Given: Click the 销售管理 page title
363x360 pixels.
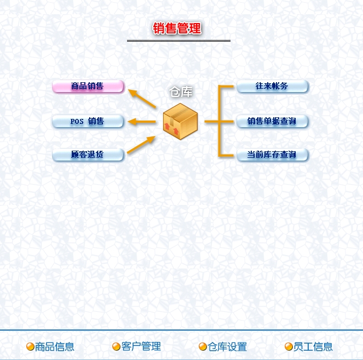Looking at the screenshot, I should pyautogui.click(x=177, y=28).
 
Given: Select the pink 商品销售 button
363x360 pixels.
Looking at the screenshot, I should pyautogui.click(x=88, y=87).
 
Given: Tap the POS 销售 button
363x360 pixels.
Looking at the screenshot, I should pyautogui.click(x=88, y=121).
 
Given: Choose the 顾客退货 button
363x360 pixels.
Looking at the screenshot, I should pyautogui.click(x=88, y=155).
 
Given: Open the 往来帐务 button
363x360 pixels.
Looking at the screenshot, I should pyautogui.click(x=272, y=87).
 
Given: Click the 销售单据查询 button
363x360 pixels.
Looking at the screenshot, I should pyautogui.click(x=272, y=121).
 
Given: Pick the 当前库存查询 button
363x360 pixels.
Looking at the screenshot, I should pyautogui.click(x=272, y=155).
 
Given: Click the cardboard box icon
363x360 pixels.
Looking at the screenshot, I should pyautogui.click(x=180, y=121).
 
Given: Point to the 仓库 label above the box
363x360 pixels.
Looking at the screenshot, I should pyautogui.click(x=181, y=92).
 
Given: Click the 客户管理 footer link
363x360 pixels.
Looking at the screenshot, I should pyautogui.click(x=141, y=347).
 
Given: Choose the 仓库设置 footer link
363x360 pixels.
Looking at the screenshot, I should pyautogui.click(x=227, y=347).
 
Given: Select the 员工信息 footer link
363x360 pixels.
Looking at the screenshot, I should pyautogui.click(x=313, y=347).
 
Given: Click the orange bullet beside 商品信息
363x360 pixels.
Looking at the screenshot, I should pyautogui.click(x=31, y=347).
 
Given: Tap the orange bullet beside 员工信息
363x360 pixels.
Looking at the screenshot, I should pyautogui.click(x=289, y=347).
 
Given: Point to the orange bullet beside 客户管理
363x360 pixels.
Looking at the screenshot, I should pyautogui.click(x=116, y=347).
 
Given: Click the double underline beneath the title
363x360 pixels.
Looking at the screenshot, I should pyautogui.click(x=178, y=41).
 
